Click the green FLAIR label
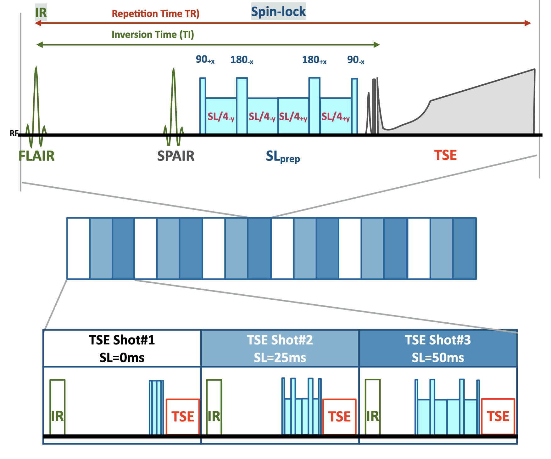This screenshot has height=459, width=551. (36, 156)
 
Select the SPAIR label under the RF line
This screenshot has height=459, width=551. (176, 156)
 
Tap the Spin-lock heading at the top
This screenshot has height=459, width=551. (278, 12)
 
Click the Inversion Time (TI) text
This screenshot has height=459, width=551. (153, 34)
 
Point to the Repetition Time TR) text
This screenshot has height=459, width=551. (156, 14)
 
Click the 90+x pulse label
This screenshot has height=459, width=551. (205, 59)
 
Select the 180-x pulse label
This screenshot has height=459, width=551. (242, 60)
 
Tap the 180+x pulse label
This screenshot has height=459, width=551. (314, 60)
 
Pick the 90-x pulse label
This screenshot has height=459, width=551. (356, 60)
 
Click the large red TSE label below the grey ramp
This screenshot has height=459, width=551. (445, 155)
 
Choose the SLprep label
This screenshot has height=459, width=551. (283, 156)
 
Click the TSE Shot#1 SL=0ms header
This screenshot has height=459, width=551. (122, 348)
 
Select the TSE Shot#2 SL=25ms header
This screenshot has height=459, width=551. (280, 348)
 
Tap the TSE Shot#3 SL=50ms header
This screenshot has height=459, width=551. (438, 348)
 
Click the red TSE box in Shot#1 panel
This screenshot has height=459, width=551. (183, 416)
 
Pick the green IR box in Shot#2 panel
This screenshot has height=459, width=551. (214, 407)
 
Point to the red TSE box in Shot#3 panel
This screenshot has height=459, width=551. (498, 416)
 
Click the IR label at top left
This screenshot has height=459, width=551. (41, 13)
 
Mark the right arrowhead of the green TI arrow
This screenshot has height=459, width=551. (377, 45)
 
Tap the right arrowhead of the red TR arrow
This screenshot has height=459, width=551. (528, 23)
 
